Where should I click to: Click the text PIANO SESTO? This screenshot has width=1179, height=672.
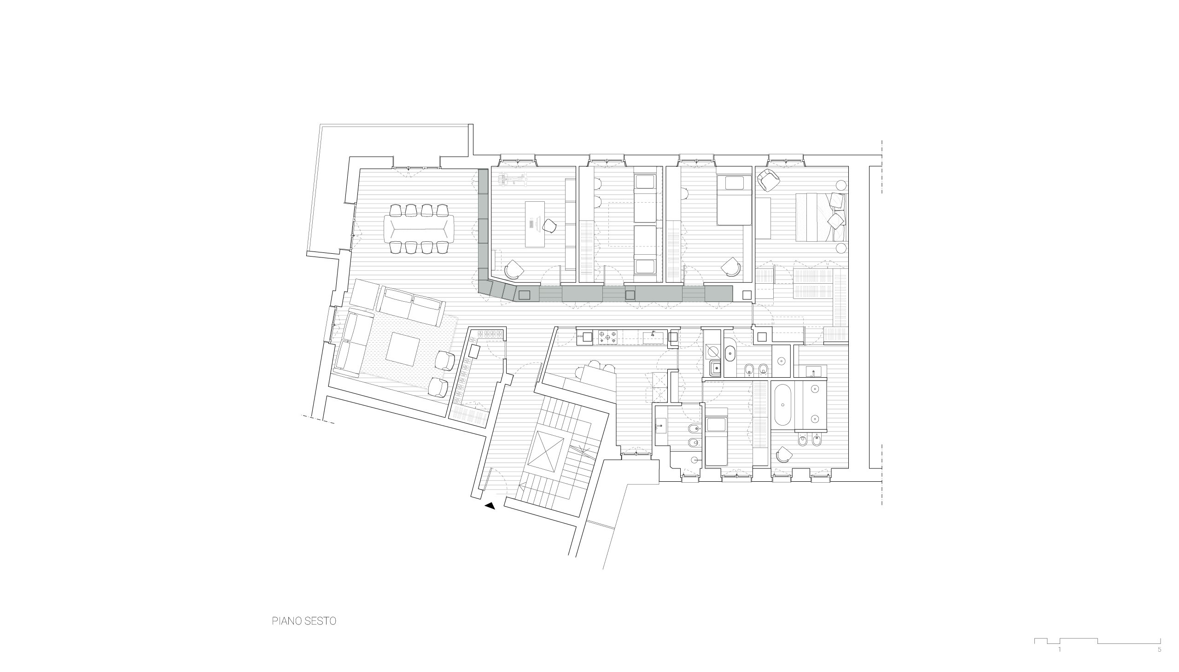[304, 621]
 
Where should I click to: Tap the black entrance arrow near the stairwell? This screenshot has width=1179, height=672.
[490, 506]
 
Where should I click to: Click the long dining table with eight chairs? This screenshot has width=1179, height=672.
[419, 229]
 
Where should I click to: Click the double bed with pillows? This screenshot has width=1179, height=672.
[820, 217]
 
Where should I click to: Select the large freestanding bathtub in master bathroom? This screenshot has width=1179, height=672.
[783, 405]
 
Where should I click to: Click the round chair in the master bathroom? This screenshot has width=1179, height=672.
[783, 455]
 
